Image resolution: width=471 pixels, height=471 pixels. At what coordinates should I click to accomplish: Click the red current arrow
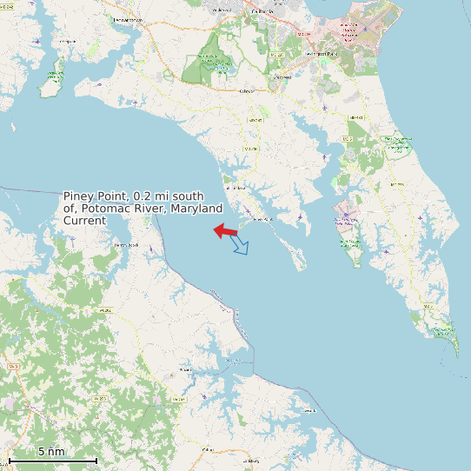tap(226, 230)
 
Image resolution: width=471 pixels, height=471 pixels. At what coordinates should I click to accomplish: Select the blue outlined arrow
tap(240, 246)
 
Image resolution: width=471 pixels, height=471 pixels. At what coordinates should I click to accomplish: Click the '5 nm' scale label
tap(51, 451)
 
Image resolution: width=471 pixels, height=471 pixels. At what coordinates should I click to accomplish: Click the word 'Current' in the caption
tap(84, 221)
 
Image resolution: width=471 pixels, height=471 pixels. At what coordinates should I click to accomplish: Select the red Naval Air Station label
tap(357, 31)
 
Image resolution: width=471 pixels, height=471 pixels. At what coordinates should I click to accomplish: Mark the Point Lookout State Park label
tap(443, 330)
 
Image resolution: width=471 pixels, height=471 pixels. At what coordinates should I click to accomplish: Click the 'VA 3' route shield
tap(12, 368)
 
